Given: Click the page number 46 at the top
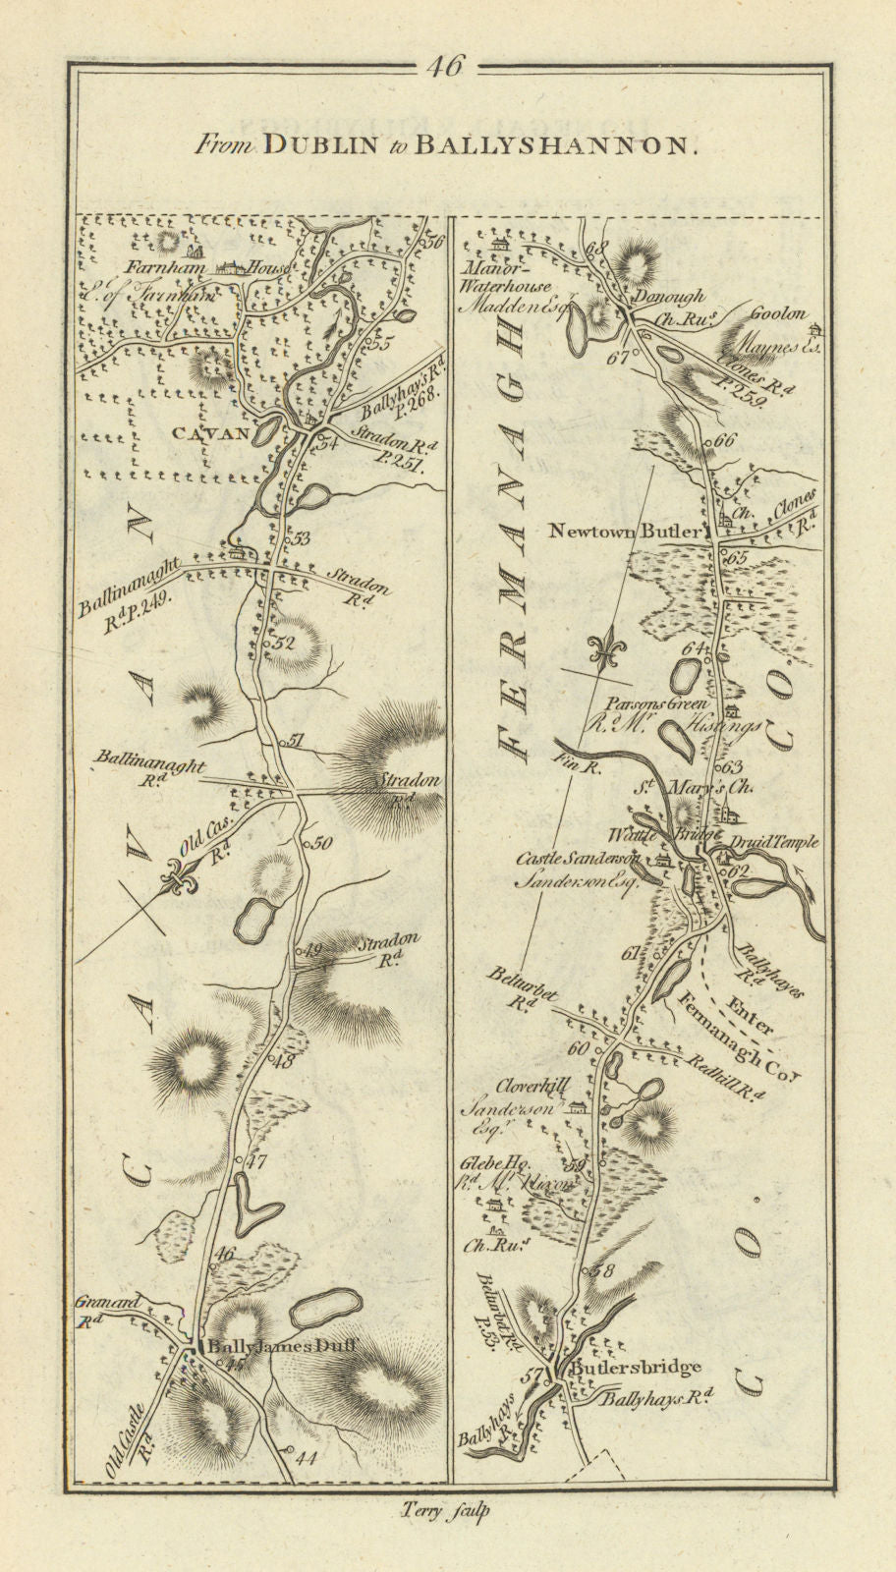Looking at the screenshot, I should coord(447,67).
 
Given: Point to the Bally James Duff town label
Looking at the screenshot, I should coord(279,1348).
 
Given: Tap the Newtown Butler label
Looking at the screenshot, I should coord(626,532).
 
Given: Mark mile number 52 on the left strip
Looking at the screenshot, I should coord(285,644).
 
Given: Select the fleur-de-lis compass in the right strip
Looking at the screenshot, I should coord(600,651).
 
